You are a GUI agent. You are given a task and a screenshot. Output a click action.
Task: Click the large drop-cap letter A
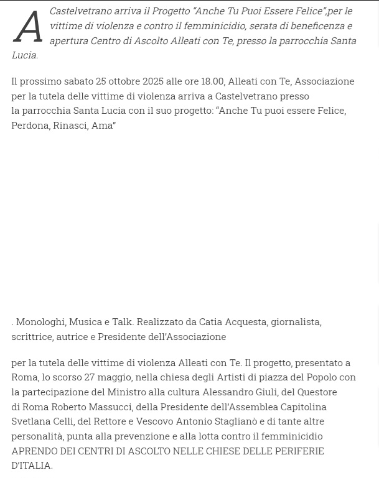click(x=28, y=27)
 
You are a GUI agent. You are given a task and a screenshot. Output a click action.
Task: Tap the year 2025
click(x=153, y=81)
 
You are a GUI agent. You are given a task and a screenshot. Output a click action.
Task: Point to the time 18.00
click(x=212, y=81)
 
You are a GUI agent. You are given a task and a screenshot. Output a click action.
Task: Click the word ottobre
click(x=124, y=81)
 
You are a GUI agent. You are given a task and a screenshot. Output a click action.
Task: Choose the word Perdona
click(x=30, y=125)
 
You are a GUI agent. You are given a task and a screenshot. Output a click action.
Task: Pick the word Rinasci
click(x=70, y=125)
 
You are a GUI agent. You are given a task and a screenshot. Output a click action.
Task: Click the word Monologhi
click(x=40, y=321)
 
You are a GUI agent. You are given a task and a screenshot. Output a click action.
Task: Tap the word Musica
click(x=85, y=321)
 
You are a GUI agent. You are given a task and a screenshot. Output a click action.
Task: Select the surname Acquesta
click(x=245, y=321)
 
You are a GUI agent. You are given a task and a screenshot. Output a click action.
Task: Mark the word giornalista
click(x=296, y=321)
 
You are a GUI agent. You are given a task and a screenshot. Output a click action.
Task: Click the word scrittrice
click(x=32, y=336)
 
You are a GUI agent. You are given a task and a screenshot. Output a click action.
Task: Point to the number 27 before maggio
click(x=90, y=377)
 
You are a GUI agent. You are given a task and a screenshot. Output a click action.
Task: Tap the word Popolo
click(x=322, y=377)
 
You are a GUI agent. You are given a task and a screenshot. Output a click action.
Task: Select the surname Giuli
click(x=266, y=392)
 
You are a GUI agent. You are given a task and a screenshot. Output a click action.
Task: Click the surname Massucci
click(x=110, y=407)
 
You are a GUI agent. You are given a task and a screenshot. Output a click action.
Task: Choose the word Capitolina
click(x=304, y=407)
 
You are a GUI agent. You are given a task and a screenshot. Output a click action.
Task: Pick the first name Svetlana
click(x=30, y=421)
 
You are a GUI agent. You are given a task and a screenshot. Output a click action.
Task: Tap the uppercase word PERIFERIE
click(x=299, y=451)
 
